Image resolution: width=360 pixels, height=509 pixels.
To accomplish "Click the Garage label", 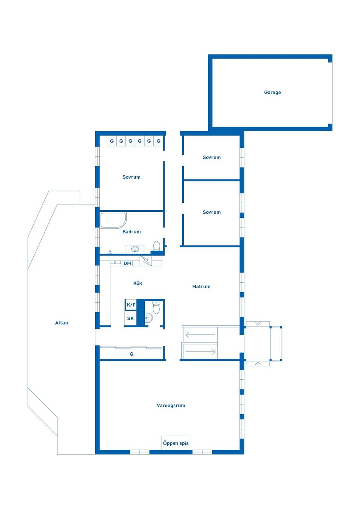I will coord(272,92).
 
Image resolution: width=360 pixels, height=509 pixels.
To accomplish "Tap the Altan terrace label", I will coord(61,323).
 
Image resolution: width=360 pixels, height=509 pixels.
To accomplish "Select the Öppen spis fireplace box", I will coord(175,443).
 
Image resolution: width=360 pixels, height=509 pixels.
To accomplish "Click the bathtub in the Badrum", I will coord(113,220).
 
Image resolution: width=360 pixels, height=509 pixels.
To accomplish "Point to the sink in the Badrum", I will coord(135,249).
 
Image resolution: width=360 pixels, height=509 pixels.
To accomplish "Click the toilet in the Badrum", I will coord(157,246).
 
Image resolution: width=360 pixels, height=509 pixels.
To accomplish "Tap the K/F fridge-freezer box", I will coord(131,305).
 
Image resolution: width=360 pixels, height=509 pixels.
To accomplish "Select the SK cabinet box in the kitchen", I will coord(130,319).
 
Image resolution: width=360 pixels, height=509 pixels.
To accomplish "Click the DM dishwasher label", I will coord(127,263).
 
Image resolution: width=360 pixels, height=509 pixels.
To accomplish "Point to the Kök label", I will coord(138,283).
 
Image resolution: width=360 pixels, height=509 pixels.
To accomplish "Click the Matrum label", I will coord(201,286).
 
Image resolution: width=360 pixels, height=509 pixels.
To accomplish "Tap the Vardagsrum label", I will coord(171,405).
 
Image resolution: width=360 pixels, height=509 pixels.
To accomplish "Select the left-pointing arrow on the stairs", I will coord(200,334).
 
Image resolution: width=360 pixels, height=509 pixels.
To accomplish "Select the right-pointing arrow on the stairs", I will coord(200,352).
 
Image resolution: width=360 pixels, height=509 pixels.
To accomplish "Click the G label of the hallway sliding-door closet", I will coord(132,354).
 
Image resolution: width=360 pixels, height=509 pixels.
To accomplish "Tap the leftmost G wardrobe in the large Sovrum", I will coord(112,141).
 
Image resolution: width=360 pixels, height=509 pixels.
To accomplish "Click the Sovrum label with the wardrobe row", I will coord(131,177).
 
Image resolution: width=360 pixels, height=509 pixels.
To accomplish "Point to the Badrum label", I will coord(132,232).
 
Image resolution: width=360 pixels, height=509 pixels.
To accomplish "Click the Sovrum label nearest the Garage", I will coord(211,157).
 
